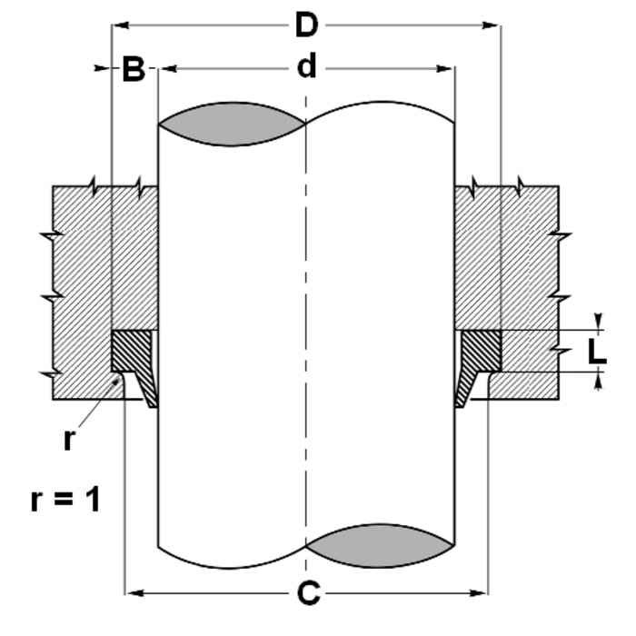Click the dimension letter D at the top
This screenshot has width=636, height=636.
[306, 25]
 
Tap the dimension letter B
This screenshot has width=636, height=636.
[134, 70]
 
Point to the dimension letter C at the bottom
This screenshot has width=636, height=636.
[308, 594]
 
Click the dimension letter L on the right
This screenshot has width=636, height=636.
[596, 353]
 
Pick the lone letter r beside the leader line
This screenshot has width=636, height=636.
[70, 440]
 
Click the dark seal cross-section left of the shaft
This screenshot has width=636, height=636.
[130, 350]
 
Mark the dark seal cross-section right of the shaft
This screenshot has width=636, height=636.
[482, 350]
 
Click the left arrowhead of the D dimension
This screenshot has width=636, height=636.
[116, 26]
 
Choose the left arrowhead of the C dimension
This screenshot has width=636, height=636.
[129, 594]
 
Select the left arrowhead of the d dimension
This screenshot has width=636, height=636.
[164, 68]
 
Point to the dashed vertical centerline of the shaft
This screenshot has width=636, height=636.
[307, 318]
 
